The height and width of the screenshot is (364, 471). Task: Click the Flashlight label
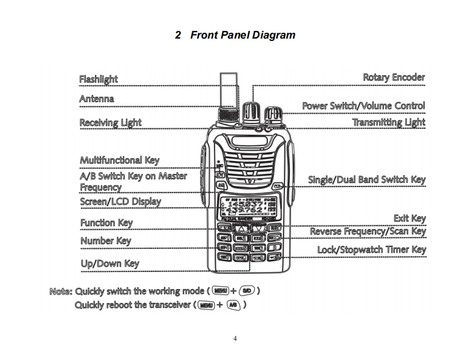tap(99, 79)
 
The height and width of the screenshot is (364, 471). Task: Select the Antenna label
tap(96, 99)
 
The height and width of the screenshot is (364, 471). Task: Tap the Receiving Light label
tap(110, 122)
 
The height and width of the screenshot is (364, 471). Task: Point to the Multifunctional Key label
tap(119, 160)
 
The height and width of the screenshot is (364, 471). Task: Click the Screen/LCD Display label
tap(120, 201)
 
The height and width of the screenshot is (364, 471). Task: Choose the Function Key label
tap(106, 223)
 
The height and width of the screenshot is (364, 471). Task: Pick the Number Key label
tap(105, 240)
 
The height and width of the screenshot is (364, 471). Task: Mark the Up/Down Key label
tap(109, 263)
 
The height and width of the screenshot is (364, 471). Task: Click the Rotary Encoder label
tap(394, 77)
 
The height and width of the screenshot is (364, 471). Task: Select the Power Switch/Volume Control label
tap(363, 106)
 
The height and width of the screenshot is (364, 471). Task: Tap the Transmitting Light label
tap(388, 122)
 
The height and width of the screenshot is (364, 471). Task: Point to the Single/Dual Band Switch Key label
tap(366, 179)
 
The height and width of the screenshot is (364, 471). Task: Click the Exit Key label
tap(409, 219)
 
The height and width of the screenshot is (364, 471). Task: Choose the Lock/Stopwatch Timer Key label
tap(371, 249)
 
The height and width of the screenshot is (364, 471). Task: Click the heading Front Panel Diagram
tap(235, 35)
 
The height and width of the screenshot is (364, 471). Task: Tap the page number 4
tap(235, 339)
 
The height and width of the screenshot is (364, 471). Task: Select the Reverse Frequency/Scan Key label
tap(368, 232)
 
